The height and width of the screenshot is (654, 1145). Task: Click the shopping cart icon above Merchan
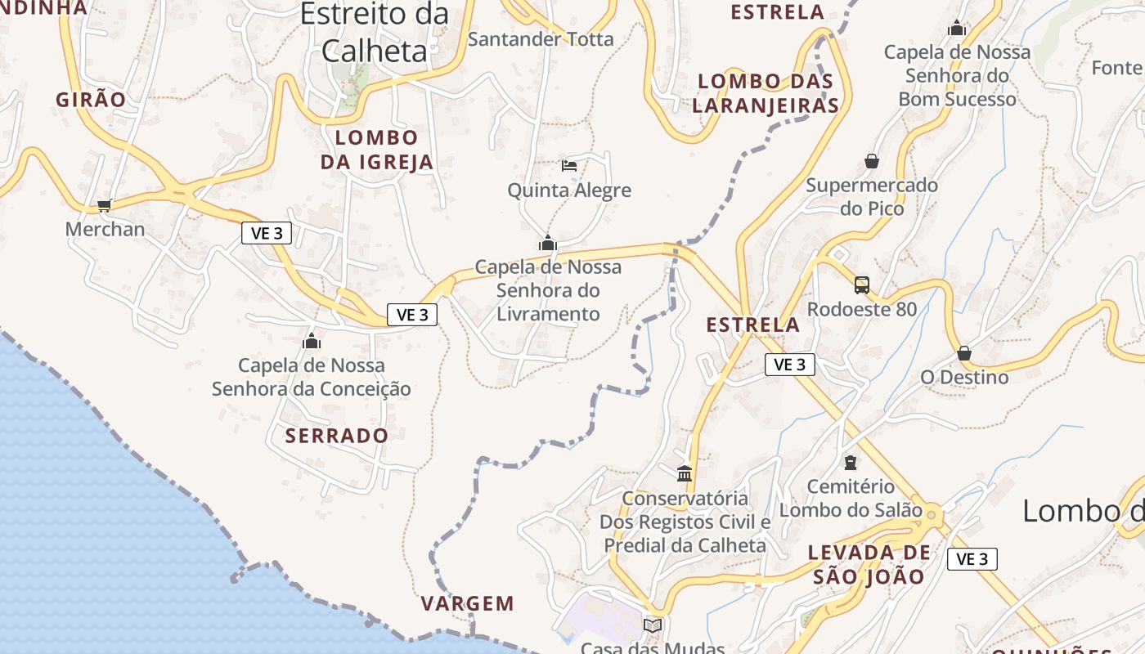pos(104,205)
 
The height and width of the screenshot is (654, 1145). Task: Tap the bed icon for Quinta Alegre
pos(569,165)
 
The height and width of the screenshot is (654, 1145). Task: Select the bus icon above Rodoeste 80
pos(862,284)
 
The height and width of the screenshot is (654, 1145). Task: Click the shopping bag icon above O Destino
pos(964,353)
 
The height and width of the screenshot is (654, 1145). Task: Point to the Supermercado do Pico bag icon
pos(872,161)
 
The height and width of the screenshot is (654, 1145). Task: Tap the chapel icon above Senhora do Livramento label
pos(547,243)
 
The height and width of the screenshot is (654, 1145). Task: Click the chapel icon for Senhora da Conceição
pos(311,341)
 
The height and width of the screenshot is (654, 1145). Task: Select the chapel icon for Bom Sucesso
pos(957,29)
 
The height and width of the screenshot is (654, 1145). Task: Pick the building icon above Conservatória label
pos(685,473)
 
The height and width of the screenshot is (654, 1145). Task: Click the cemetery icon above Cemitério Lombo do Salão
pos(851,463)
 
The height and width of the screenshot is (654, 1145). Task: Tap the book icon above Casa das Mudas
pos(652,625)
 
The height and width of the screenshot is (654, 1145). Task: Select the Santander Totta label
pos(541,38)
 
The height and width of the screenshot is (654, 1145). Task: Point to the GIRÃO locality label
pos(91,100)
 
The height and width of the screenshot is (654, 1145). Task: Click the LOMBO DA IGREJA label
pos(376,150)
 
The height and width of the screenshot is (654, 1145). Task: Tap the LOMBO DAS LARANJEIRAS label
pos(766,93)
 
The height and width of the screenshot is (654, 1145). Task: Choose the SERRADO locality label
pos(337,436)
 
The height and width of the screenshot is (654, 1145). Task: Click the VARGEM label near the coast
pos(468,604)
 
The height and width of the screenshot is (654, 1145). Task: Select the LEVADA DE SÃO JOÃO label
pos(869,565)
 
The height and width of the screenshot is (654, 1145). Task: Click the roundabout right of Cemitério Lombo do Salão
pos(931,514)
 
